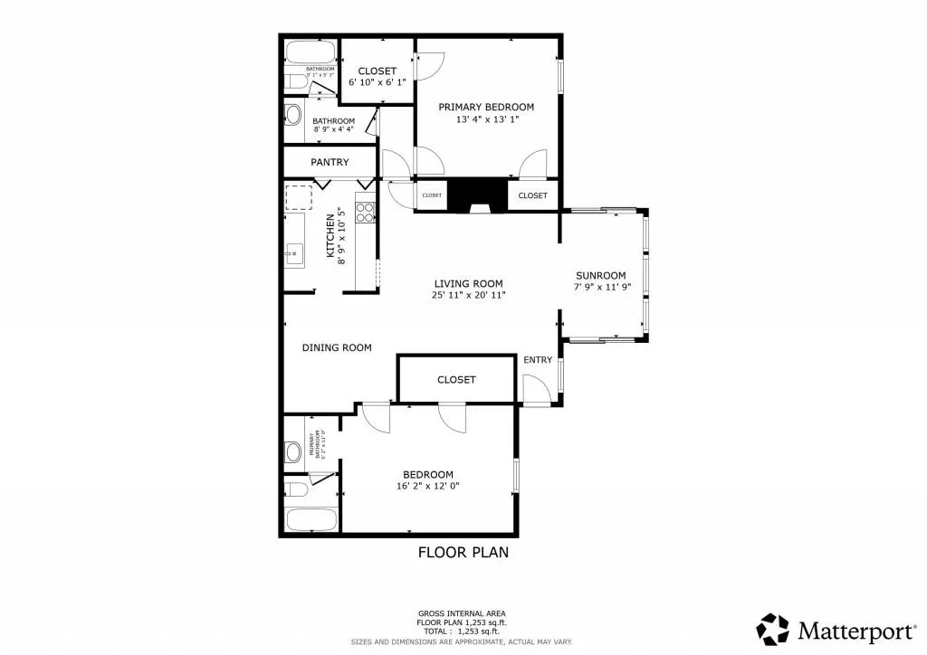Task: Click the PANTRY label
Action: [x=330, y=163]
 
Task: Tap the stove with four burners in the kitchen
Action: [x=366, y=213]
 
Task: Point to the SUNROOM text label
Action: [x=601, y=276]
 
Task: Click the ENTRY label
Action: [x=538, y=360]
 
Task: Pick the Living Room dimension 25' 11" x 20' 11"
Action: [x=468, y=295]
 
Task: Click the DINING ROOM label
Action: [x=337, y=347]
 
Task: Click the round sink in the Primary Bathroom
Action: [x=293, y=451]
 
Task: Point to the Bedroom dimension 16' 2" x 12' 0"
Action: [x=427, y=487]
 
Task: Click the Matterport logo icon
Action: [x=773, y=629]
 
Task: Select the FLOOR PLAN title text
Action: [x=463, y=552]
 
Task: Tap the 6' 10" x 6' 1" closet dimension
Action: [x=377, y=82]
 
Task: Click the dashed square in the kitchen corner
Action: [x=298, y=197]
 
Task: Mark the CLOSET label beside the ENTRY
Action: [x=456, y=380]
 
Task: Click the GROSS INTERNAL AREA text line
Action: [x=462, y=612]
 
